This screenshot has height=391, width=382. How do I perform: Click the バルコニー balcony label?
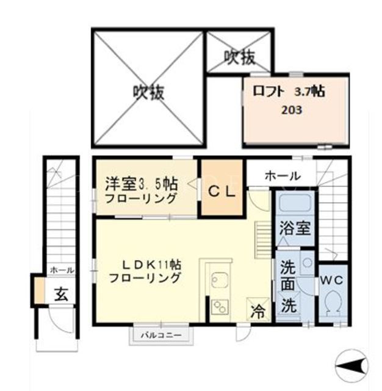(161, 335)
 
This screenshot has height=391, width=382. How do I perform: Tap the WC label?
(331, 280)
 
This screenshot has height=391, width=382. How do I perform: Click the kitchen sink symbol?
(220, 280)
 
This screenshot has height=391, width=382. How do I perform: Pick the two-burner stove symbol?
(220, 307)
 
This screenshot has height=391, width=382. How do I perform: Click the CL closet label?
(222, 192)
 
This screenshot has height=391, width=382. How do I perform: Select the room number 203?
(292, 110)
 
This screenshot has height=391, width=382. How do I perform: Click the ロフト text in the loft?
(268, 91)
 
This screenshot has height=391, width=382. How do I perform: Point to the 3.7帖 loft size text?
(309, 91)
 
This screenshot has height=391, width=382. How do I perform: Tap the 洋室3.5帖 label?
(141, 184)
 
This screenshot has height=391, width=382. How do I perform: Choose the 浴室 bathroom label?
(295, 228)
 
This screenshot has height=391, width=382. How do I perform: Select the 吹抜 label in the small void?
(240, 57)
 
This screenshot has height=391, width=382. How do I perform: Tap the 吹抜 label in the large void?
(148, 93)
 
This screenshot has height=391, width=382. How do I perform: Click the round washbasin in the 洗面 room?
(308, 263)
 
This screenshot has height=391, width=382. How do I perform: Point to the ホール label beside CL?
(283, 177)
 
